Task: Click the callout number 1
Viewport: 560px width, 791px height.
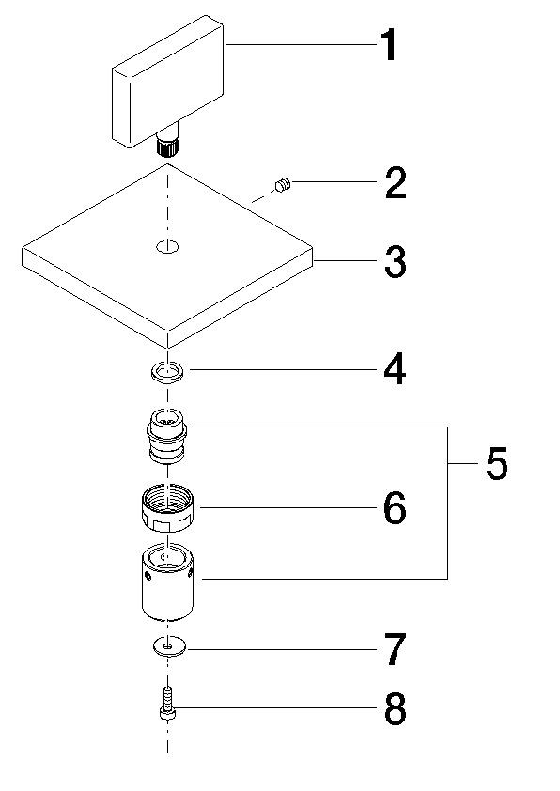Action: point(387,46)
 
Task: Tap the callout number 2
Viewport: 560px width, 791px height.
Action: point(396,183)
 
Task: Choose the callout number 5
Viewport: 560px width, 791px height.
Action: point(496,464)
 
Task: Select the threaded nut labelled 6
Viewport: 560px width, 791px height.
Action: point(167,509)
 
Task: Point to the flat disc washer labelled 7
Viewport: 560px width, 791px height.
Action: point(168,647)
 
